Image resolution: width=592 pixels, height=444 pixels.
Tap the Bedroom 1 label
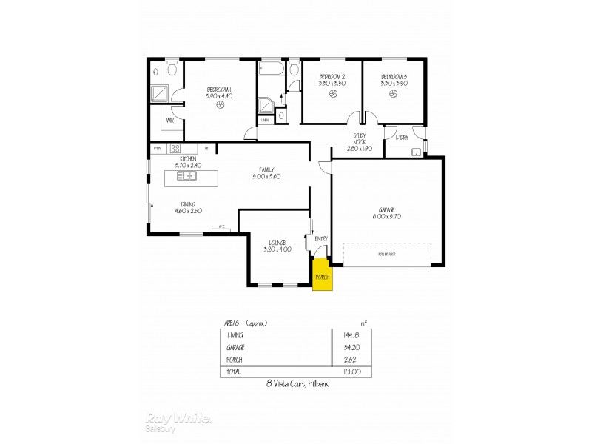pyautogui.click(x=220, y=92)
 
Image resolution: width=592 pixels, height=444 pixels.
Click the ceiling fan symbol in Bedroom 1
pyautogui.click(x=220, y=106)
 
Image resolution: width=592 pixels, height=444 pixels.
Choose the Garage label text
pyautogui.click(x=387, y=212)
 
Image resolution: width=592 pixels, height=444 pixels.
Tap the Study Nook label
pyautogui.click(x=360, y=141)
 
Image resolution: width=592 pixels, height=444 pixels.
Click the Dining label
pyautogui.click(x=188, y=207)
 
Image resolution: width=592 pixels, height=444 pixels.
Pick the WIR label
pyautogui.click(x=170, y=120)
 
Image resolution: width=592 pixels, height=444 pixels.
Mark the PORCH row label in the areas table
pyautogui.click(x=235, y=359)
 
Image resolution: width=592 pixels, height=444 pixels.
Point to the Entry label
pyautogui.click(x=321, y=239)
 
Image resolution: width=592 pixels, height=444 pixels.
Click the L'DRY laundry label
pyautogui.click(x=403, y=138)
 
